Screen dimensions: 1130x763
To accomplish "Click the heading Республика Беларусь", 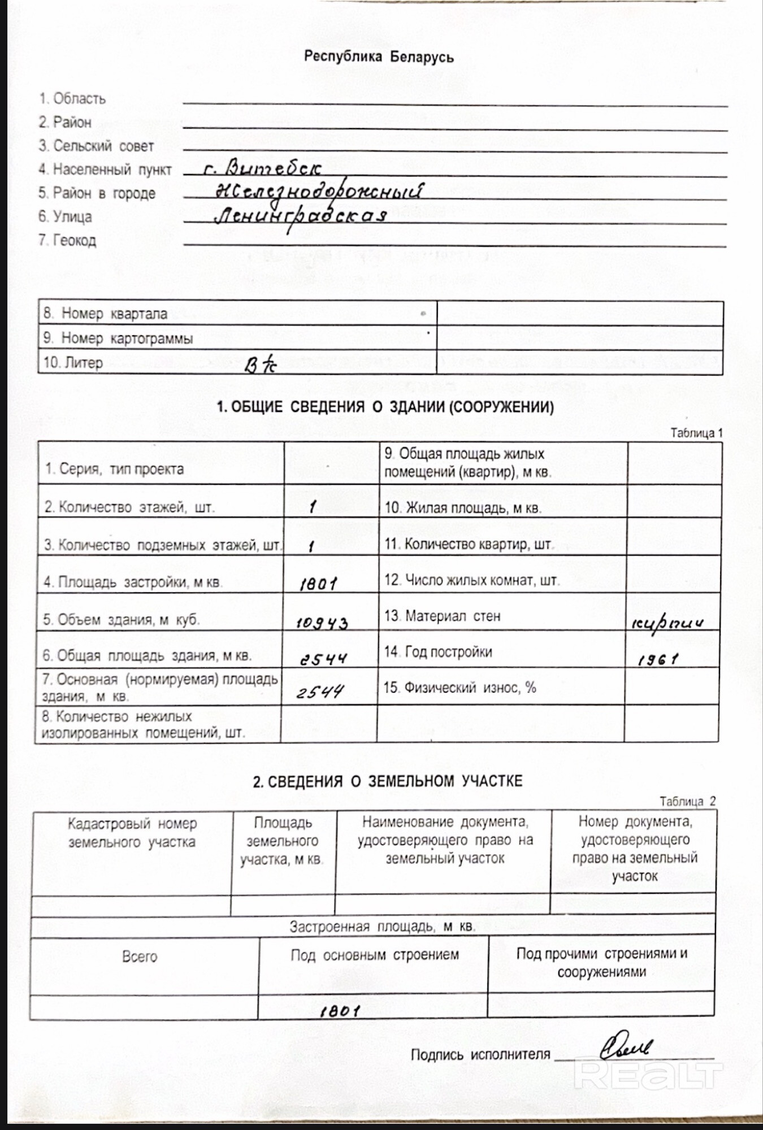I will [379, 57].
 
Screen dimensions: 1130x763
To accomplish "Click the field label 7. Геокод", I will [67, 240].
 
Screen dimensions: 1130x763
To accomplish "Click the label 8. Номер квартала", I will [105, 314].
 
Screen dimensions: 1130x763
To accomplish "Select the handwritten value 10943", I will [322, 623].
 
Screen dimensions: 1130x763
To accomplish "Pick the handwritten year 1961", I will [657, 659].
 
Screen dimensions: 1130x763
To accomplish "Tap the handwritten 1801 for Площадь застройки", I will [319, 584].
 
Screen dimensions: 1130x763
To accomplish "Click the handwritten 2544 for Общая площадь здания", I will [323, 659].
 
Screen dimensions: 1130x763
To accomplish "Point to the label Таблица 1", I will [696, 433].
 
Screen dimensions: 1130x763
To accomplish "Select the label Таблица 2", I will [687, 801].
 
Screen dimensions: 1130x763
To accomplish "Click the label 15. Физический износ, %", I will [459, 688].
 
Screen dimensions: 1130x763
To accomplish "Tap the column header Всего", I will [140, 957].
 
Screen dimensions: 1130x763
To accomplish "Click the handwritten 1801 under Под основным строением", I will [340, 1011].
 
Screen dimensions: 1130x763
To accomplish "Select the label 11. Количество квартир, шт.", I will [469, 545].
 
